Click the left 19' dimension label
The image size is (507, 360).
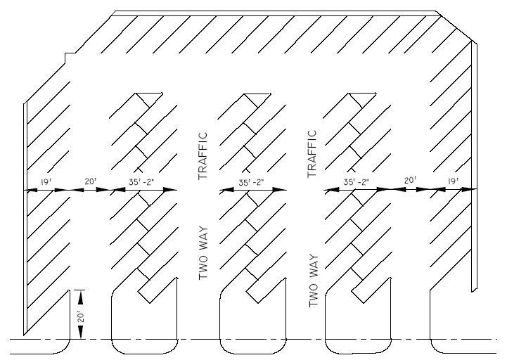click(x=45, y=182)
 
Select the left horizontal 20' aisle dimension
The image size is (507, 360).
click(x=89, y=182)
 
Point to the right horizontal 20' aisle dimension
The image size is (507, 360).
click(x=410, y=182)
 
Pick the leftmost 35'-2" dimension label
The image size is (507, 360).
click(x=141, y=182)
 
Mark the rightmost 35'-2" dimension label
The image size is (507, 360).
click(x=357, y=182)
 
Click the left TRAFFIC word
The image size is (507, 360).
click(x=204, y=155)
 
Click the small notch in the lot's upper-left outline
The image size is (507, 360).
click(x=66, y=56)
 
